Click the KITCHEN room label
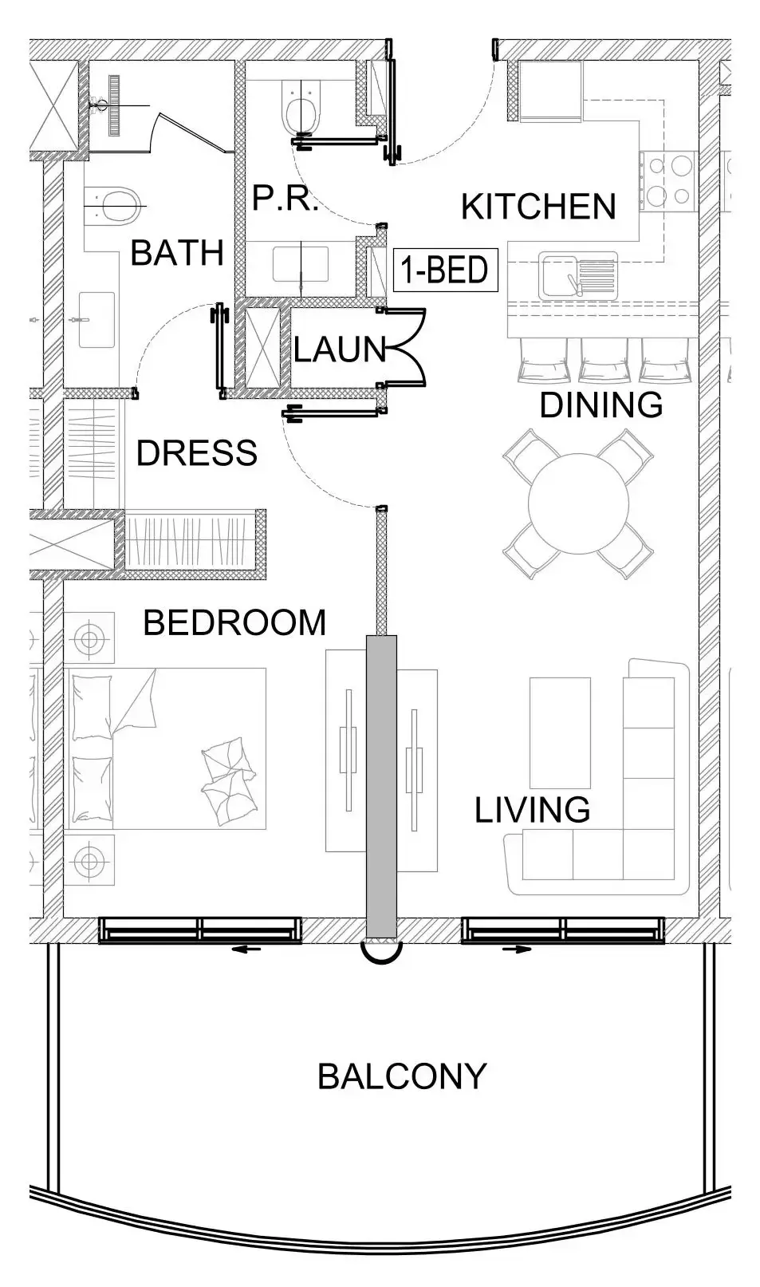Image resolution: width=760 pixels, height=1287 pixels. [x=538, y=207]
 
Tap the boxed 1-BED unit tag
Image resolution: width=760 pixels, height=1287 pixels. [x=445, y=270]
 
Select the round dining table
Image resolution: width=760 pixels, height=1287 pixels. [x=578, y=503]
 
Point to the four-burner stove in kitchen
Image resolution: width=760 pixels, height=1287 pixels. [x=668, y=180]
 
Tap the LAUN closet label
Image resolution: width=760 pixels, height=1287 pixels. [x=339, y=349]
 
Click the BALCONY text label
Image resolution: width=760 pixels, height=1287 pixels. [x=401, y=1076]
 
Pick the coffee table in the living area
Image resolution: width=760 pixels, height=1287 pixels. [x=560, y=732]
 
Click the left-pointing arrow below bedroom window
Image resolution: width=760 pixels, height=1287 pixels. [x=250, y=949]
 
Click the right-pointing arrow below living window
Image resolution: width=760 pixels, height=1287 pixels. [x=518, y=949]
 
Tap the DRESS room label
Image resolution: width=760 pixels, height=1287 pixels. [x=196, y=453]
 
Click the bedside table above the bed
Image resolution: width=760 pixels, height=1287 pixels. [x=89, y=638]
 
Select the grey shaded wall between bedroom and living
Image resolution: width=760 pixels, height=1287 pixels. [x=381, y=786]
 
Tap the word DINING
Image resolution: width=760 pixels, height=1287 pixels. [x=601, y=405]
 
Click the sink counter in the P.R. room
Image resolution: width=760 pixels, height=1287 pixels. [x=301, y=264]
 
